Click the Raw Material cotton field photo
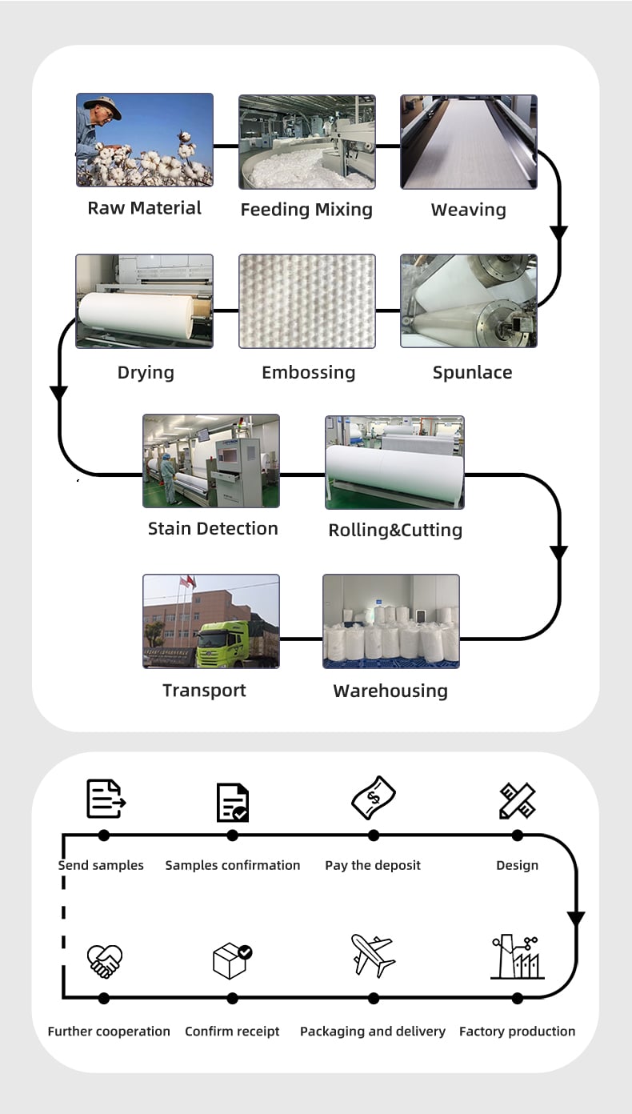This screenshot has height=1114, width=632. pyautogui.click(x=145, y=140)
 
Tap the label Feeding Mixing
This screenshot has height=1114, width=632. pyautogui.click(x=306, y=210)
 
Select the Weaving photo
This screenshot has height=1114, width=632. pyautogui.click(x=469, y=142)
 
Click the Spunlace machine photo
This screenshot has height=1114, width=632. pyautogui.click(x=469, y=301)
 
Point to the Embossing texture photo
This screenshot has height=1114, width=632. pyautogui.click(x=307, y=301)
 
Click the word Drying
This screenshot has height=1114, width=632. pyautogui.click(x=146, y=372)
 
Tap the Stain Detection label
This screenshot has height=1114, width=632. pyautogui.click(x=213, y=529)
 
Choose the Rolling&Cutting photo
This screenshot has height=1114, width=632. pyautogui.click(x=394, y=463)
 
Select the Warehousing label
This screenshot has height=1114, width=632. pyautogui.click(x=390, y=691)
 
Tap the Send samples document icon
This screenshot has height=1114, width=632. pyautogui.click(x=106, y=799)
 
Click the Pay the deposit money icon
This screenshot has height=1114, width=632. pyautogui.click(x=374, y=798)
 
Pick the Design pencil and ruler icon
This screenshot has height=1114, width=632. pyautogui.click(x=517, y=800)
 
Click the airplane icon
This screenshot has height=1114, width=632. pyautogui.click(x=373, y=956)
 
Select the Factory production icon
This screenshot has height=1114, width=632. pyautogui.click(x=517, y=956)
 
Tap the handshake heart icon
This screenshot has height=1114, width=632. pyautogui.click(x=105, y=961)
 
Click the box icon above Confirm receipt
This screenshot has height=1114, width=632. pyautogui.click(x=232, y=961)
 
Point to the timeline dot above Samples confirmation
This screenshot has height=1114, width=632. pyautogui.click(x=232, y=836)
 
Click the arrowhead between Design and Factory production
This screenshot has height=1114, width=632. pyautogui.click(x=576, y=918)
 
